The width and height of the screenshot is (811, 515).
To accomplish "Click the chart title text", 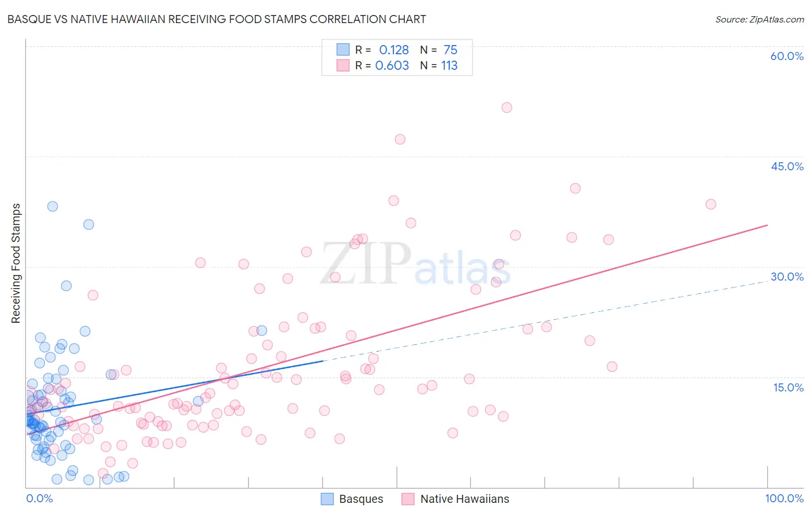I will (217, 20).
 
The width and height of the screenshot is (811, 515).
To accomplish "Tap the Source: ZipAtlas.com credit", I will (759, 20).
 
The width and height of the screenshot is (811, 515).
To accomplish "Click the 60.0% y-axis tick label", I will (787, 56).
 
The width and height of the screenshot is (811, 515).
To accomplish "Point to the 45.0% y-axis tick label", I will (787, 166).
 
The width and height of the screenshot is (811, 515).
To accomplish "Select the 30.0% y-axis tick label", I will (787, 277).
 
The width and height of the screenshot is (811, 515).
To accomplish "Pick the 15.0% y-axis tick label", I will (788, 387).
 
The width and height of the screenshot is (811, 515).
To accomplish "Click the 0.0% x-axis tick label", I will (39, 498).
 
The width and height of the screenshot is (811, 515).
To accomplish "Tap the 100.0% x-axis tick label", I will (784, 498).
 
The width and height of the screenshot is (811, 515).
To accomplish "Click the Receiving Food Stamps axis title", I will (16, 263).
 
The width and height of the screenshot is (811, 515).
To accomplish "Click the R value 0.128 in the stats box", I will (394, 50).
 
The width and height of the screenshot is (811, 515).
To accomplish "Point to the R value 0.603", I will (392, 66).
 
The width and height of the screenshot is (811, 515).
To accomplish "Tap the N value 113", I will (449, 66).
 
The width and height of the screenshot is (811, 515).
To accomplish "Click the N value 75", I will (450, 50).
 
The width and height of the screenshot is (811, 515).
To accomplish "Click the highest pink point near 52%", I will (506, 107).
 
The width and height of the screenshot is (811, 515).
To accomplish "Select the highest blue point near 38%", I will (52, 206).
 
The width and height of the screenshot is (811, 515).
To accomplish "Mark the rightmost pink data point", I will (711, 204).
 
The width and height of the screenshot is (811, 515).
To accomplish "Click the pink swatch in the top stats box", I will (343, 65).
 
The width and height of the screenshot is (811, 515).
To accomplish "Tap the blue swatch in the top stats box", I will (343, 50).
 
